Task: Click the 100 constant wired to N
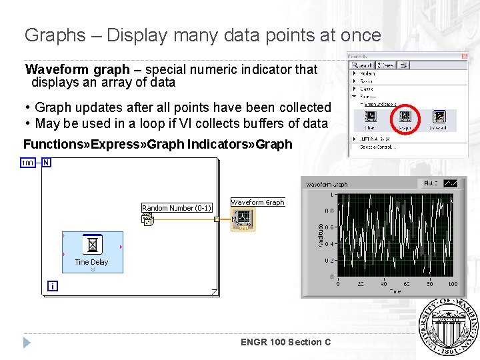[x=28, y=163]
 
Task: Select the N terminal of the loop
[x=46, y=163]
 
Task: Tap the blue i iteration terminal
[x=52, y=286]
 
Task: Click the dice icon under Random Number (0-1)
[x=147, y=219]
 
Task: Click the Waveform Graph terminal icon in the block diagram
[x=243, y=218]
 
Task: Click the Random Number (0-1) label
[x=177, y=208]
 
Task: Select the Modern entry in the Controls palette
[x=367, y=73]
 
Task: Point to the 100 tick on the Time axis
[x=453, y=284]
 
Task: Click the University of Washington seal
[x=448, y=327]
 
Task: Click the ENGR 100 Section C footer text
[x=285, y=342]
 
